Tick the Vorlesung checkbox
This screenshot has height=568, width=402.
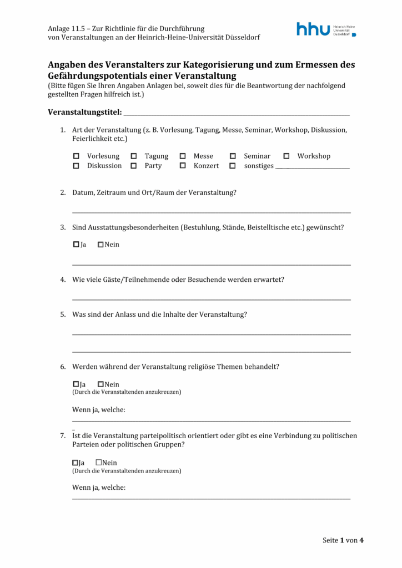click(77, 156)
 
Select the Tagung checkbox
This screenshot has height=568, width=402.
click(134, 156)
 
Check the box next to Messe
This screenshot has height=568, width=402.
click(183, 156)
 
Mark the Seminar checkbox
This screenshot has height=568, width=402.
click(233, 156)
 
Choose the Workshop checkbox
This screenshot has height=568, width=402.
click(287, 156)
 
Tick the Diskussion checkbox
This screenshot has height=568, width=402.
click(77, 166)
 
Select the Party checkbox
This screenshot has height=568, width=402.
click(134, 166)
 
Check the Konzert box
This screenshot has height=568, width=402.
click(183, 166)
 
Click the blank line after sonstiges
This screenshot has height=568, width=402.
click(313, 166)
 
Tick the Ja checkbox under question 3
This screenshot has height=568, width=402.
click(76, 245)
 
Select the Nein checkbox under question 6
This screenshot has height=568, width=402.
click(100, 384)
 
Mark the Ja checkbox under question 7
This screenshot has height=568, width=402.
click(76, 463)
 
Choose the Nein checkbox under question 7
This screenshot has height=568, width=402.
click(99, 463)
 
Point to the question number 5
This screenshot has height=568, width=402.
click(63, 315)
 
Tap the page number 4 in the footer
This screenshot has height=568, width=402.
click(361, 540)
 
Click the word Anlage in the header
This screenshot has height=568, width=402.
click(58, 28)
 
